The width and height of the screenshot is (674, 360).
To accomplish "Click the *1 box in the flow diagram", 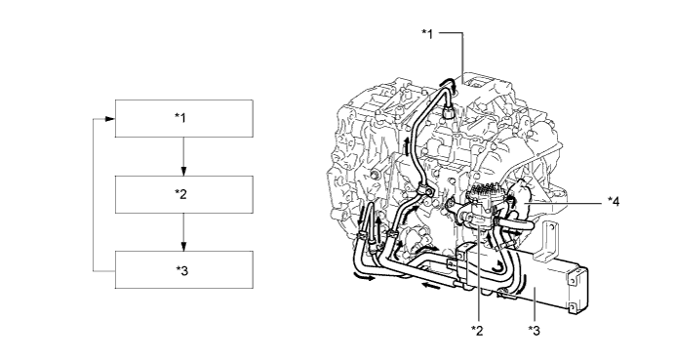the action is click(x=184, y=119).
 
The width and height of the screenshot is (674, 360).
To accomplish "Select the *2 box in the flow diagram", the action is click(x=184, y=194).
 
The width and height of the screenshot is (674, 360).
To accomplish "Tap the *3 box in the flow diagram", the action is click(x=184, y=269).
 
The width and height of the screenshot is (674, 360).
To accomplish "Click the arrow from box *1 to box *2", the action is click(x=184, y=156).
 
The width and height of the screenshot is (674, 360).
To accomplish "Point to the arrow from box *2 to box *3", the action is click(x=184, y=232).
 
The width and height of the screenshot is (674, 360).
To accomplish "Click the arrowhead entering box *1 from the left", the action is click(x=110, y=119).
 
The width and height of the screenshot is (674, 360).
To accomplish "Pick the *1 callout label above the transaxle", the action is click(x=427, y=34).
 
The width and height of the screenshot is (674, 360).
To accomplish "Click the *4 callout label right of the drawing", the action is click(x=614, y=201).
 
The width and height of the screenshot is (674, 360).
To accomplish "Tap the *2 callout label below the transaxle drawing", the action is click(x=477, y=331).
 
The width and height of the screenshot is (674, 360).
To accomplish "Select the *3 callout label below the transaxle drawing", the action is click(x=534, y=331).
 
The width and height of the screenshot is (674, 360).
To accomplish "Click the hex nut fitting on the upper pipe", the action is click(x=448, y=112).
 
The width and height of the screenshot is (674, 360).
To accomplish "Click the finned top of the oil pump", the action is click(x=486, y=189).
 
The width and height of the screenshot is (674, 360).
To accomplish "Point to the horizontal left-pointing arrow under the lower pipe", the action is click(x=431, y=285).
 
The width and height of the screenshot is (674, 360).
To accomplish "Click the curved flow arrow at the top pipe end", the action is click(x=447, y=82).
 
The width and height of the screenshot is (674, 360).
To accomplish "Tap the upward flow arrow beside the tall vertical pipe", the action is click(x=407, y=146).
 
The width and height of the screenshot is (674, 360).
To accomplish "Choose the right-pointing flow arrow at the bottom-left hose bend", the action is click(x=364, y=277).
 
